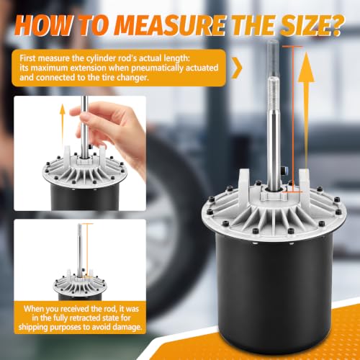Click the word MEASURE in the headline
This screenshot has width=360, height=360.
tap(170, 24)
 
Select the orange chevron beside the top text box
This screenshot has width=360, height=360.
tap(237, 68)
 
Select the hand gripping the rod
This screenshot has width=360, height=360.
tap(108, 130)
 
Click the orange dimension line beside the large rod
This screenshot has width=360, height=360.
tap(292, 120)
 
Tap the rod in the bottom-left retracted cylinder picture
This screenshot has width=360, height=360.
tap(80, 251)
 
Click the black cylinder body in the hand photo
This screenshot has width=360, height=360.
tap(85, 197)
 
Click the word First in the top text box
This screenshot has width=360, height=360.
tap(27, 58)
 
